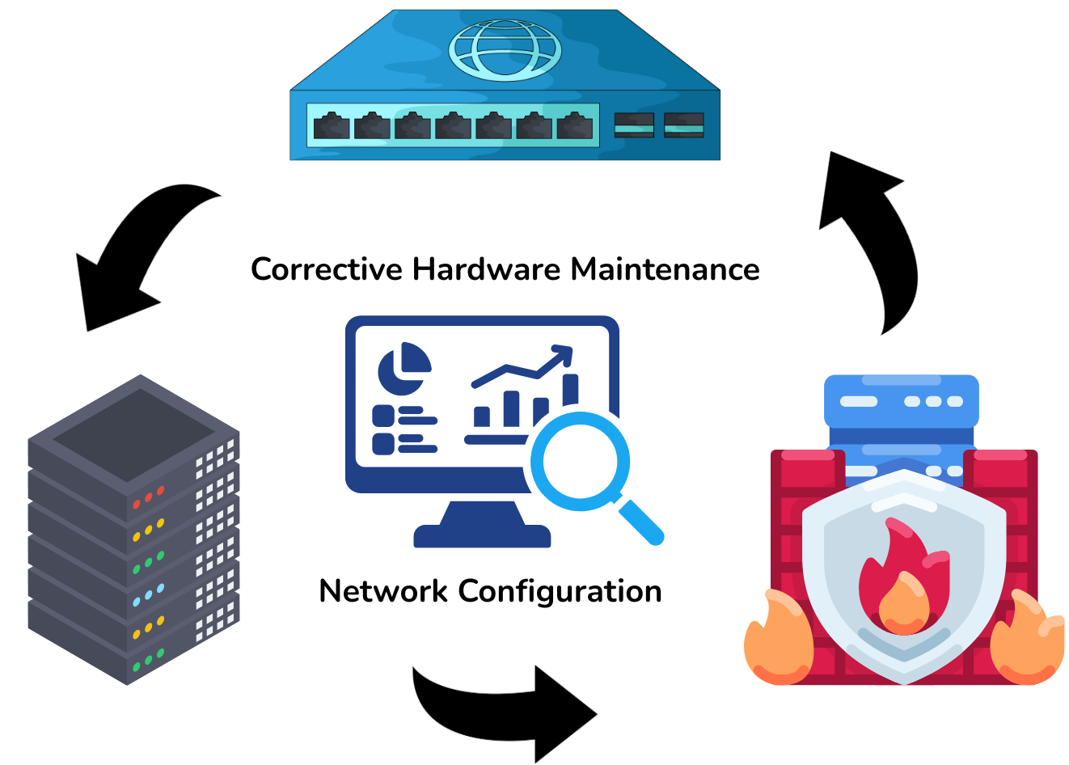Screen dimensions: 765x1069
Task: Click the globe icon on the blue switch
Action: tap(505, 50)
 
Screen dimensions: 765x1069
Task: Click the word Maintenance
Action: tap(665, 269)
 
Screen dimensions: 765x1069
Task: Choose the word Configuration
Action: tap(560, 592)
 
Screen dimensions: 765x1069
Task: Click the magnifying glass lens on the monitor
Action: tap(581, 463)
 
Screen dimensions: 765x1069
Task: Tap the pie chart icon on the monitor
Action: tap(404, 368)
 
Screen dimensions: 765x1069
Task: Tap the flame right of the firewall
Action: tap(1029, 639)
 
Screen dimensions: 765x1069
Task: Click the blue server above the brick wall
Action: tap(901, 402)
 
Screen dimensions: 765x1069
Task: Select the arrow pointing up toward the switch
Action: tap(873, 235)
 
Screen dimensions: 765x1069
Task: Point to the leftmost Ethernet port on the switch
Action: tap(332, 126)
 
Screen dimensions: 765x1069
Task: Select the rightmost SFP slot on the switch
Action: tap(683, 125)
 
